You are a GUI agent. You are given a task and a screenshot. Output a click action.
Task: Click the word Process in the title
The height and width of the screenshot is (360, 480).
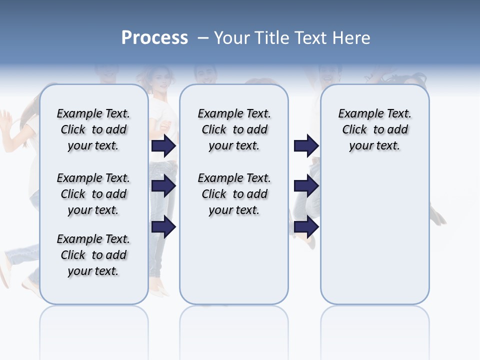pyautogui.click(x=154, y=37)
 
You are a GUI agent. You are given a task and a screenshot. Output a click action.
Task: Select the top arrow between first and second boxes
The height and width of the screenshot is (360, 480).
pyautogui.click(x=163, y=145)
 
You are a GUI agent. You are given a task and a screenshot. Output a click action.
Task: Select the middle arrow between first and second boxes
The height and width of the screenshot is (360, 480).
pyautogui.click(x=163, y=186)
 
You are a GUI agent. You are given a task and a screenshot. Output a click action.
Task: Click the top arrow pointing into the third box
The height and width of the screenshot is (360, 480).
pyautogui.click(x=306, y=145)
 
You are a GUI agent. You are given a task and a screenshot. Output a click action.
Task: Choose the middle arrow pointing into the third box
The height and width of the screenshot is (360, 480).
pyautogui.click(x=306, y=186)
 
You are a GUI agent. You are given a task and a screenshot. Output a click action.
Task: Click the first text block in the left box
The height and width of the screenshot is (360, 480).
pyautogui.click(x=93, y=129)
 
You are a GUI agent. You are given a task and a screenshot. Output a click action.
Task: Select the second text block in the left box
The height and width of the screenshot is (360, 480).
pyautogui.click(x=93, y=194)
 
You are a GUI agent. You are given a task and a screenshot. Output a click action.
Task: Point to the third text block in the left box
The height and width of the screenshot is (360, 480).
pyautogui.click(x=93, y=255)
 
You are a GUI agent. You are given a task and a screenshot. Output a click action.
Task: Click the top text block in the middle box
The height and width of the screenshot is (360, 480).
pyautogui.click(x=234, y=129)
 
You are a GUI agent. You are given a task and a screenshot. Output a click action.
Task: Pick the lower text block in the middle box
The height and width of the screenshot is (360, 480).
pyautogui.click(x=234, y=194)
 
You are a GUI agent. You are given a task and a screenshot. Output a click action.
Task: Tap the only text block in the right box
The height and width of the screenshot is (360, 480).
pyautogui.click(x=374, y=129)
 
